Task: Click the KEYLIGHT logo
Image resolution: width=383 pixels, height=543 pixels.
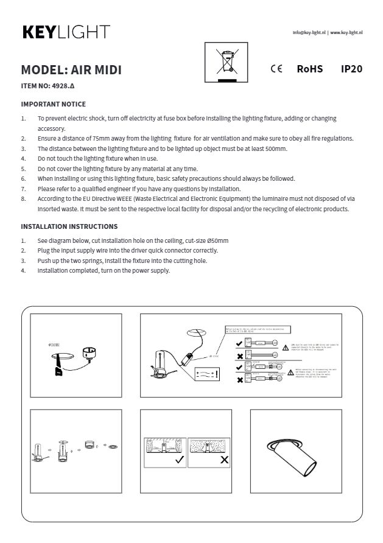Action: tap(66, 32)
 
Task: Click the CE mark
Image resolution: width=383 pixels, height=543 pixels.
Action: tap(276, 69)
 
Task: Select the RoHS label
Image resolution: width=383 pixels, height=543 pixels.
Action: tap(309, 69)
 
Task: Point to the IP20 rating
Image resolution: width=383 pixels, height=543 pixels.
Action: tap(351, 69)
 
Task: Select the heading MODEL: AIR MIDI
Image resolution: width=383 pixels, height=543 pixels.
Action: tap(71, 69)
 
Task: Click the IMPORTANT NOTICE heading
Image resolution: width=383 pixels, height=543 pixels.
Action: tap(53, 104)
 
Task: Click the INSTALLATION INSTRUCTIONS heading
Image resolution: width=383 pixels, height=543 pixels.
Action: tap(69, 226)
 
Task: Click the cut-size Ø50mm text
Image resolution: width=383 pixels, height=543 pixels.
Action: tap(205, 240)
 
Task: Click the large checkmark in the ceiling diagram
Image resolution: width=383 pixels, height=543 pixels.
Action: tap(180, 460)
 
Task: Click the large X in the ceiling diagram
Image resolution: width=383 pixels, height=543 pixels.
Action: tap(223, 460)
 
